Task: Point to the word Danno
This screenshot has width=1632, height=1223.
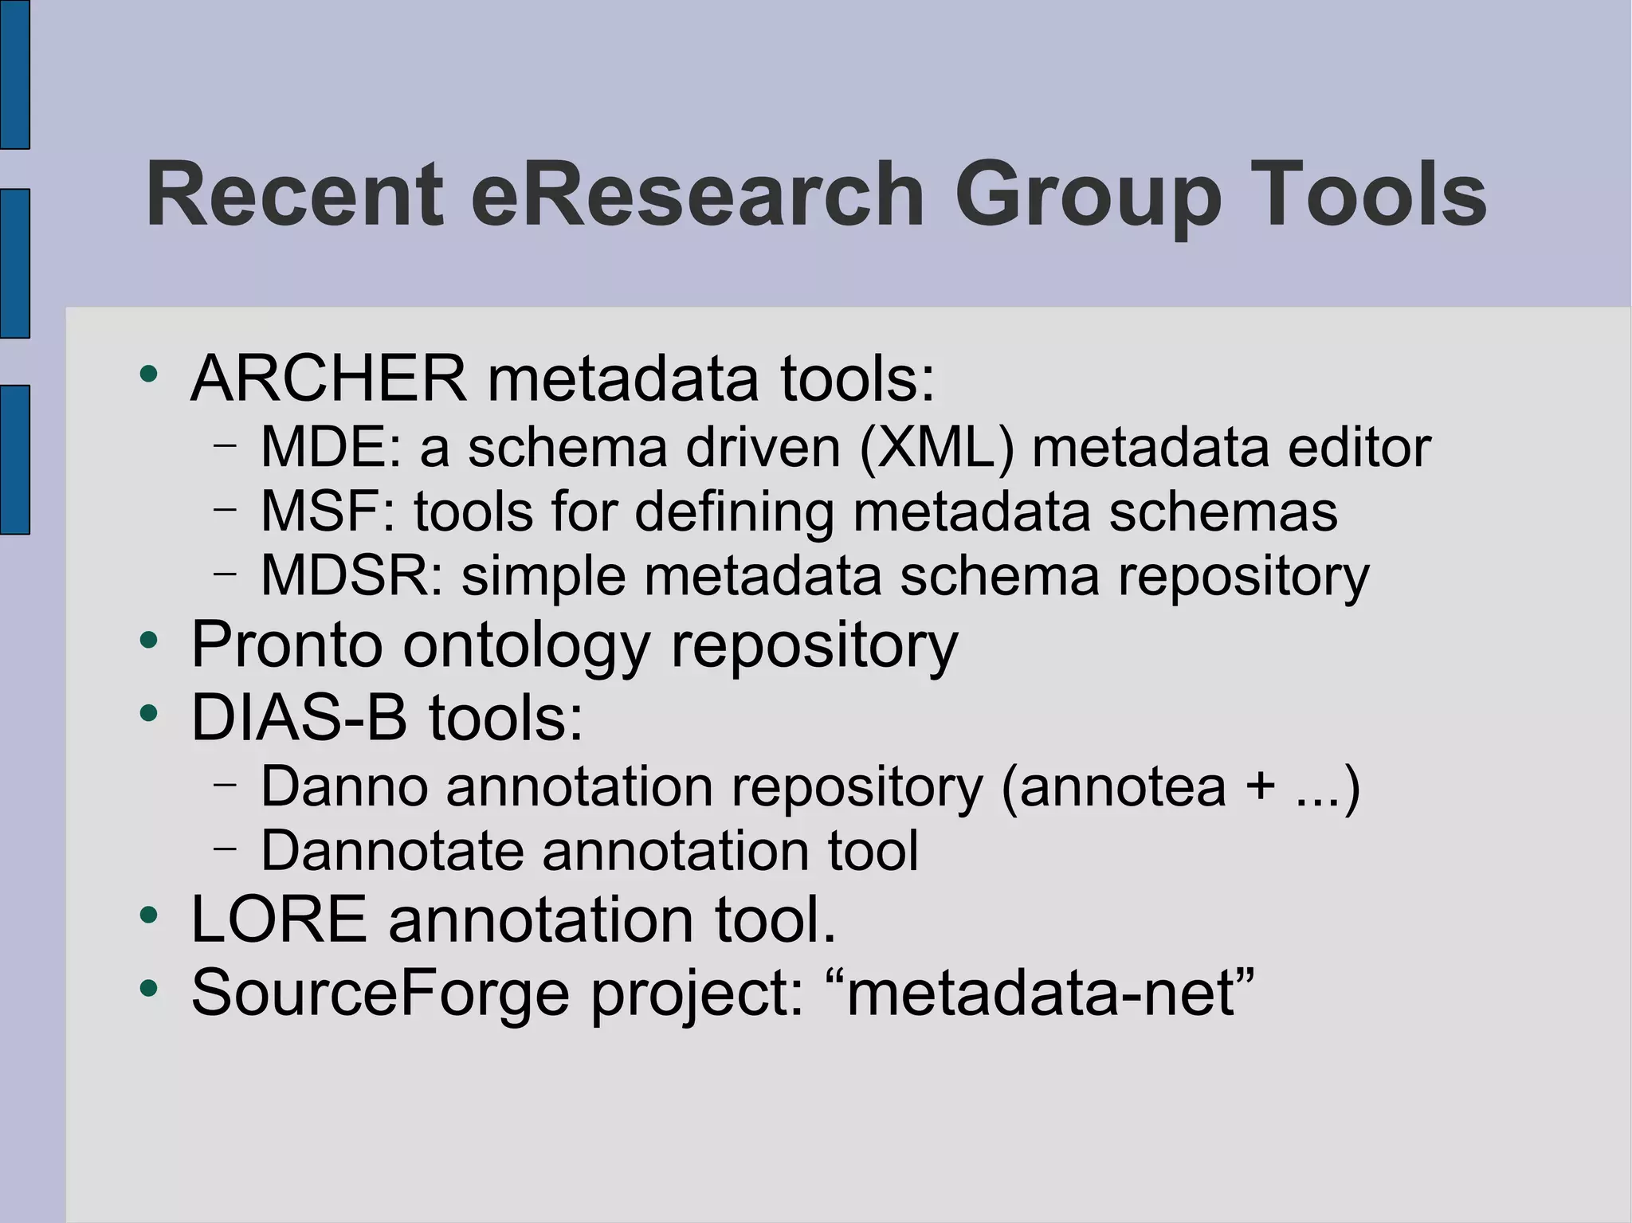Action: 344,786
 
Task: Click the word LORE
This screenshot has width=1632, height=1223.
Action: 279,919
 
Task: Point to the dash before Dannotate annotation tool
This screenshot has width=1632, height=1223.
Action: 226,849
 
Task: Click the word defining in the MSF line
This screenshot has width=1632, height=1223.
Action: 733,512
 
